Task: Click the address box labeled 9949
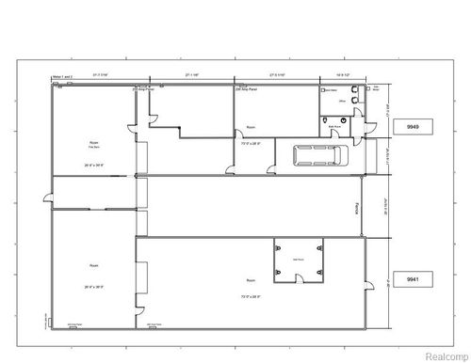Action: pyautogui.click(x=412, y=125)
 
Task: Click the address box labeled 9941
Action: pyautogui.click(x=412, y=278)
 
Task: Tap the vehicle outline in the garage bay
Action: pyautogui.click(x=317, y=157)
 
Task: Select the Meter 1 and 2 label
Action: pyautogui.click(x=61, y=76)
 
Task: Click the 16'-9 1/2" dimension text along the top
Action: pyautogui.click(x=345, y=76)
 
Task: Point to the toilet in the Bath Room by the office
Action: pyautogui.click(x=325, y=123)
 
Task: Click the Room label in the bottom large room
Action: pyautogui.click(x=252, y=280)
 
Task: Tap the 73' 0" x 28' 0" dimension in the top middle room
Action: pyautogui.click(x=252, y=143)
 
